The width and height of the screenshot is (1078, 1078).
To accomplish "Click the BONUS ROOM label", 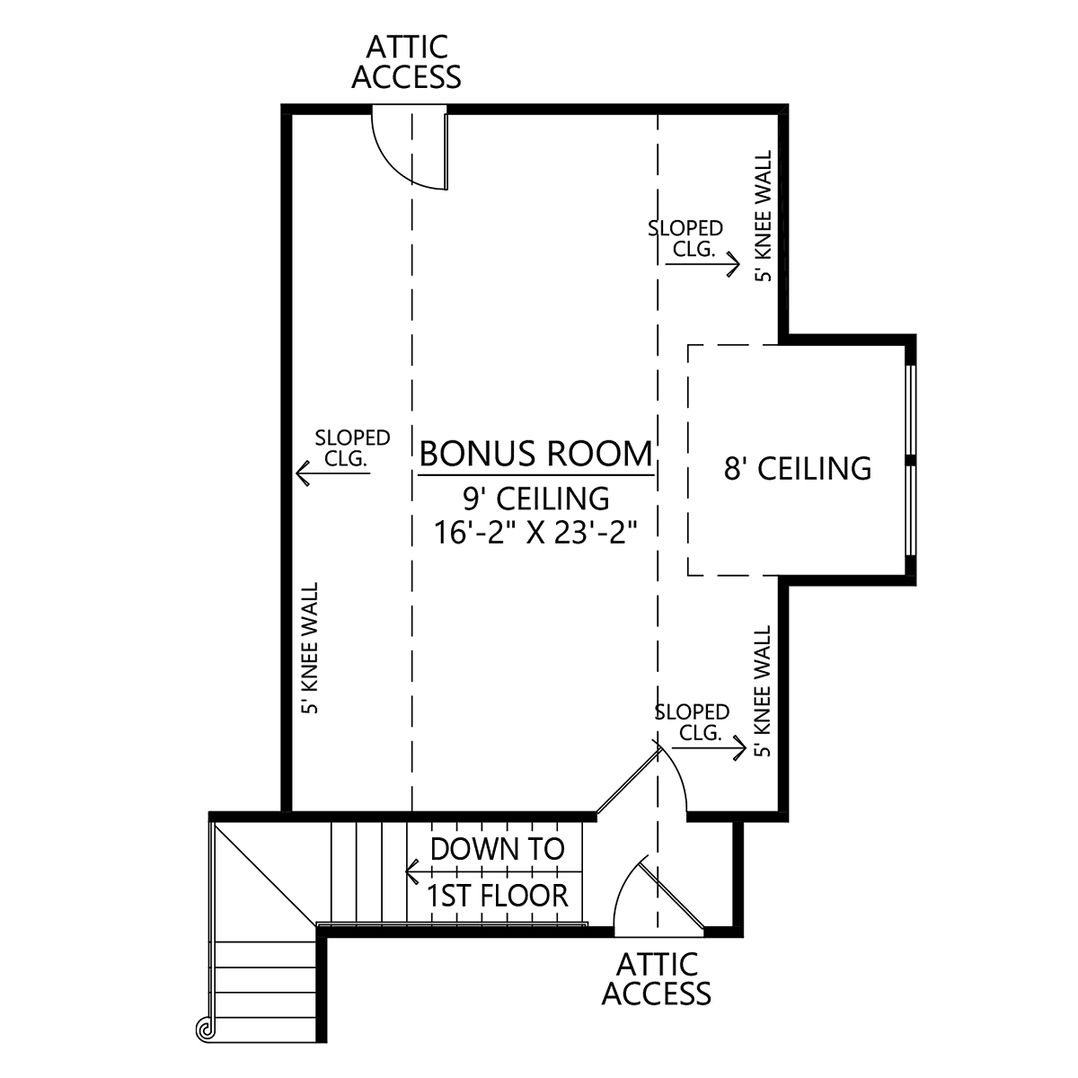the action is tap(535, 454).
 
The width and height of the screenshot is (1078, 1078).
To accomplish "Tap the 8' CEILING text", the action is tap(798, 469).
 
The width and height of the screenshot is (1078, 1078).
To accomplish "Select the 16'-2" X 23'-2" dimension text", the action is tap(535, 532).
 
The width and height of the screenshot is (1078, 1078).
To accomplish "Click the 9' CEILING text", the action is tap(536, 499).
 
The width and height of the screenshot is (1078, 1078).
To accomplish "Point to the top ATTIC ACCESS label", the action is tap(407, 62).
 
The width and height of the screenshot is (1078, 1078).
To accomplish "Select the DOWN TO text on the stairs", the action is tap(498, 849).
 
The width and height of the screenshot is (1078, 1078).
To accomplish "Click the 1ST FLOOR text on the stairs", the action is tap(498, 896).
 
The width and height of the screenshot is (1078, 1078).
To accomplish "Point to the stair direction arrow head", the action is tap(411, 871).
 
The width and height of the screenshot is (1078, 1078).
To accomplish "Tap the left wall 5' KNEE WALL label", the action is tap(310, 648).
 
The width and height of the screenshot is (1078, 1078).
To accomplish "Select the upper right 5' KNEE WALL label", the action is tap(764, 216).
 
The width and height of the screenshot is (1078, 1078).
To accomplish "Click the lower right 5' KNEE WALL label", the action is tap(763, 692).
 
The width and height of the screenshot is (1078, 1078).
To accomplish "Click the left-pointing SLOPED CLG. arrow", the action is tap(333, 473).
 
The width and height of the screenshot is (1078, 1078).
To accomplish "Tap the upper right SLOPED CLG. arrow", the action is tap(702, 263).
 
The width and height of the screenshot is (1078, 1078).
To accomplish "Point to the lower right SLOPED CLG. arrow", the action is tap(710, 748).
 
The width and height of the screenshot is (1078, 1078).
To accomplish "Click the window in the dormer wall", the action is tap(911, 461).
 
